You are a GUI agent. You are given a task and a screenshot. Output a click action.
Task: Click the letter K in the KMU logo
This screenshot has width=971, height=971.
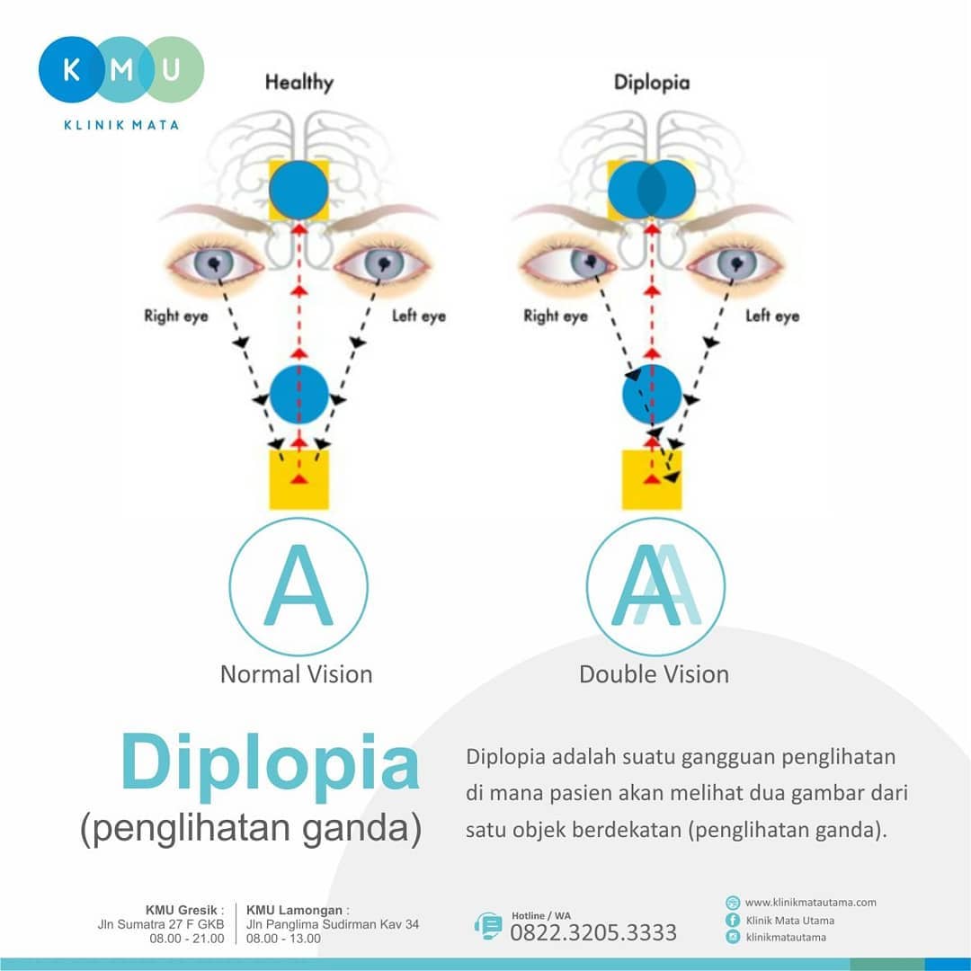click(71, 69)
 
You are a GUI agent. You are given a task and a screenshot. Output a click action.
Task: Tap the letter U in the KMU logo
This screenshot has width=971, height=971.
click(171, 69)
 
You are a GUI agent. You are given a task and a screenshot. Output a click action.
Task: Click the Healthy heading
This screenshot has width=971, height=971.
click(299, 83)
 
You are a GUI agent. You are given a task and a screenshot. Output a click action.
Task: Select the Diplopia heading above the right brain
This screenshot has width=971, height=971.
click(652, 83)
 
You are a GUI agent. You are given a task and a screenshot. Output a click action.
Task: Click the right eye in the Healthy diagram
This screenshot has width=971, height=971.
click(215, 263)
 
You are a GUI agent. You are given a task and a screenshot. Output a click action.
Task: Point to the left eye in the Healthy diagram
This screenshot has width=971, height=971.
click(383, 263)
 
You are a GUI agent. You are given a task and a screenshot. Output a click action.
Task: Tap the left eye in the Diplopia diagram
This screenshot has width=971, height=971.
click(735, 263)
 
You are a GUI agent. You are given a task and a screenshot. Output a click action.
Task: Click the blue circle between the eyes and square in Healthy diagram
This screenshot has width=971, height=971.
click(299, 395)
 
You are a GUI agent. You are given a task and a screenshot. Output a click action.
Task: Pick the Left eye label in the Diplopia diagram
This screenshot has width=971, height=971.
click(772, 316)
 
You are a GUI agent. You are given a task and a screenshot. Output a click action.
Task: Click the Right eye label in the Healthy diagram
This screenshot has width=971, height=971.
click(176, 316)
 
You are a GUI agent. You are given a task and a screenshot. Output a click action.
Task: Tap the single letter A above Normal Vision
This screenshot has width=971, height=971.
click(298, 586)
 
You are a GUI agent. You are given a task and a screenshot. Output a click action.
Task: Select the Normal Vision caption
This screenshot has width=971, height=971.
click(297, 674)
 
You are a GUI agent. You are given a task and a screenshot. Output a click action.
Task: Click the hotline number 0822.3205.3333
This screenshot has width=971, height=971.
click(593, 932)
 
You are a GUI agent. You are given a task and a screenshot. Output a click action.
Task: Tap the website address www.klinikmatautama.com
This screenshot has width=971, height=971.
click(811, 903)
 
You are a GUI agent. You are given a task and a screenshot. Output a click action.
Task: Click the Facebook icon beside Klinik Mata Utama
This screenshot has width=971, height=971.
click(733, 921)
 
